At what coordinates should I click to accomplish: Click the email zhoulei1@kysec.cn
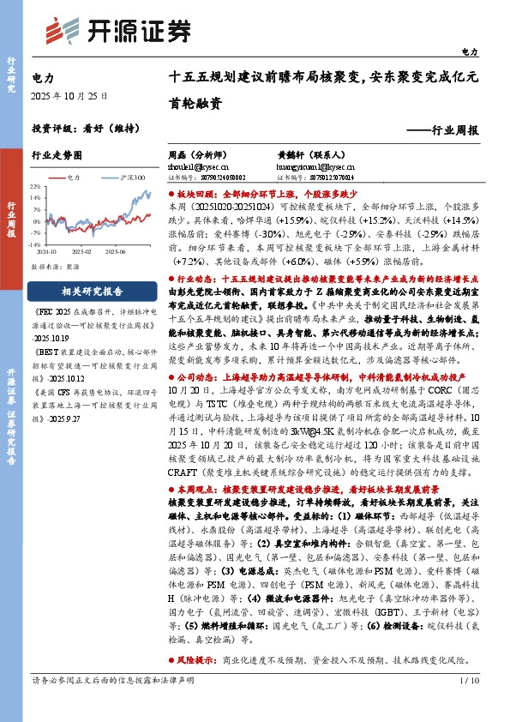(195, 167)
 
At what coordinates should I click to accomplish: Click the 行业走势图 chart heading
(57, 156)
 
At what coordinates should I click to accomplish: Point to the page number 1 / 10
(468, 705)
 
